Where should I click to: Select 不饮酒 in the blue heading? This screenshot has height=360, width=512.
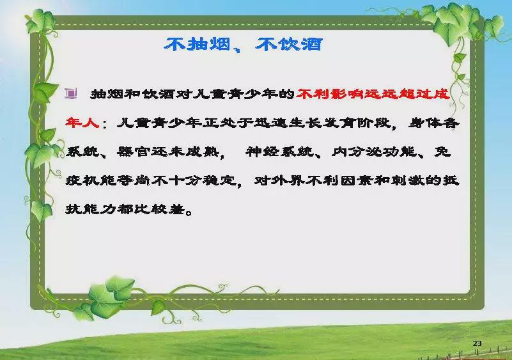tap(289, 44)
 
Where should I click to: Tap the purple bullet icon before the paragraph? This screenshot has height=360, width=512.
tap(71, 94)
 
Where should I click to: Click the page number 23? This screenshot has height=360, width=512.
tap(477, 343)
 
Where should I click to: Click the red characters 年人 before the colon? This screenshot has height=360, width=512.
tap(82, 123)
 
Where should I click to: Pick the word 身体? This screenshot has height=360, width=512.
tap(425, 123)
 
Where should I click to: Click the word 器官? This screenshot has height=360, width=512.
tap(134, 152)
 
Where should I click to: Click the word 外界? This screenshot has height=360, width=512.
tap(288, 180)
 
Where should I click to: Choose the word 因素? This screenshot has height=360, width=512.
tap(357, 180)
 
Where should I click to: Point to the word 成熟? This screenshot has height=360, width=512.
tap(202, 152)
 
